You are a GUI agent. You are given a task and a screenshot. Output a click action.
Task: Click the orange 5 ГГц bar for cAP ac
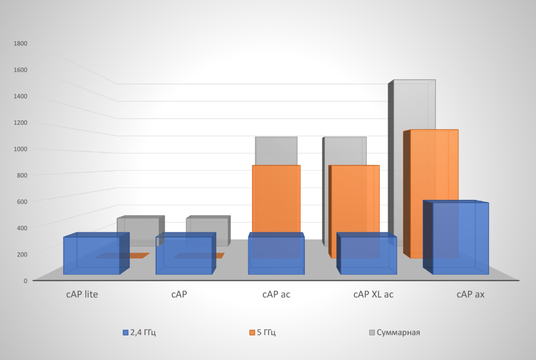[x=276, y=199]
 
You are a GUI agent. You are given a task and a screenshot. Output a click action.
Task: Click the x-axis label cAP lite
[x=82, y=294]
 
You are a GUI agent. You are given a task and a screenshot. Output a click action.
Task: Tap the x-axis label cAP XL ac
[x=373, y=294]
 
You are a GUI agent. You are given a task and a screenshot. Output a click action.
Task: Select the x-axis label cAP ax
[x=470, y=294]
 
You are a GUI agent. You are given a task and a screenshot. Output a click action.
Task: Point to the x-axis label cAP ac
[x=276, y=294]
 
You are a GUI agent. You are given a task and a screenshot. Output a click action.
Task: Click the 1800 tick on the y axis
[x=21, y=43]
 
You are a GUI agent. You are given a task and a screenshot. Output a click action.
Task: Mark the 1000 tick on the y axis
[x=21, y=149]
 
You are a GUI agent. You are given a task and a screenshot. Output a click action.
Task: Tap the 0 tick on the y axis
[x=25, y=280]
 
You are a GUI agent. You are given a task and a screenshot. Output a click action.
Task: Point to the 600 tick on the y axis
[x=22, y=201]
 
